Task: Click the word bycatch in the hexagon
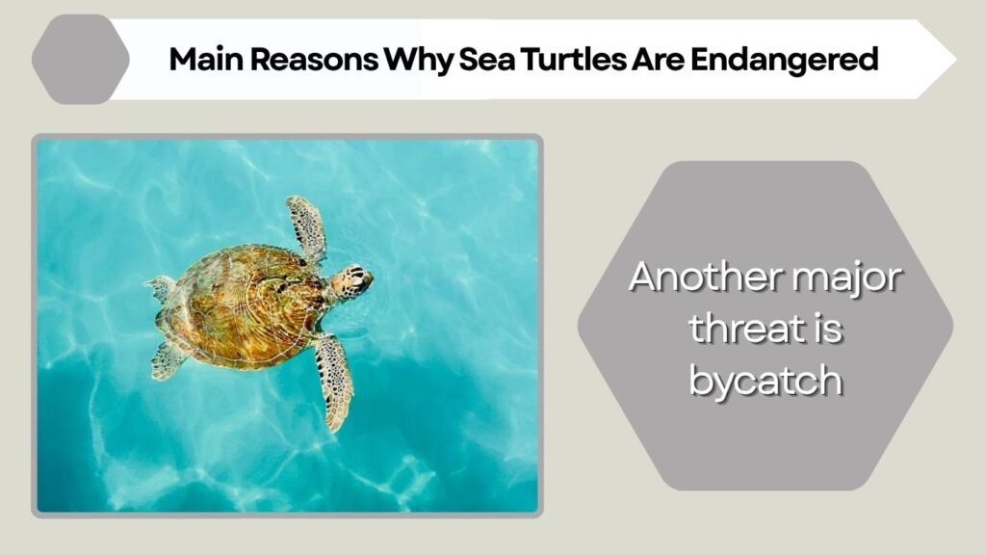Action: pos(765,382)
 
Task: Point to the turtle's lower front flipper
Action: pos(333,379)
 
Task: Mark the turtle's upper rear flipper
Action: pos(161,287)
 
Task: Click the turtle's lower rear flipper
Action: pos(169,359)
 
